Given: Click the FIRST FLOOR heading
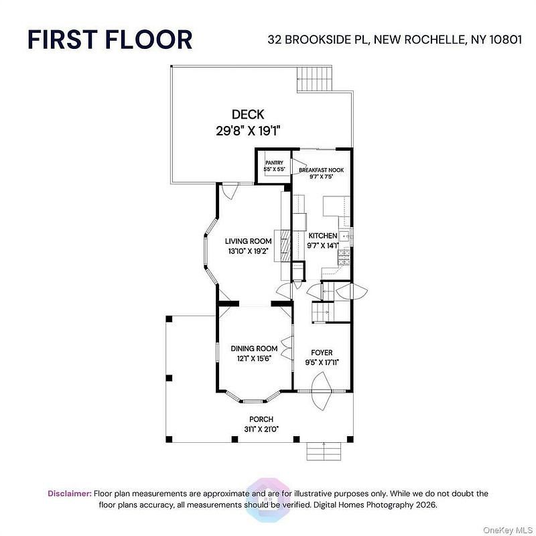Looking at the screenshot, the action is [110, 40].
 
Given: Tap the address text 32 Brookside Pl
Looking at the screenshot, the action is [318, 40].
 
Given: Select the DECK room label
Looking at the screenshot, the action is [248, 114].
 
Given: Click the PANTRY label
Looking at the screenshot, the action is [274, 163].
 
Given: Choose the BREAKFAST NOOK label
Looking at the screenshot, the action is [322, 170].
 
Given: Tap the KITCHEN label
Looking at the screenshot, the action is [323, 236].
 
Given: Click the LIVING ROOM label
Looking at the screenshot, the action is [248, 241].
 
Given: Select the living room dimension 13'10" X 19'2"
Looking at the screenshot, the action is [248, 251].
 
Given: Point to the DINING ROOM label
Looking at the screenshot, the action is [254, 348].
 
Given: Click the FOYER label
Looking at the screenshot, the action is [322, 352].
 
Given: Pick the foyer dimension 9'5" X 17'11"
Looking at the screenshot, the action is [322, 362].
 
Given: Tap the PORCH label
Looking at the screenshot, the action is [261, 419].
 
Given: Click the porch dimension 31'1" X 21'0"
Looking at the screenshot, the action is [261, 429].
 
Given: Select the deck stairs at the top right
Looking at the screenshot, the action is [314, 79].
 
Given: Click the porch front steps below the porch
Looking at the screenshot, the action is [324, 451].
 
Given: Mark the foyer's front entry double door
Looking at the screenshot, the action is [322, 391].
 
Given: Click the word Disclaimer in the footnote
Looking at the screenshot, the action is [70, 493].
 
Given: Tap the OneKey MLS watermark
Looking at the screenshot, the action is [508, 530].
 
